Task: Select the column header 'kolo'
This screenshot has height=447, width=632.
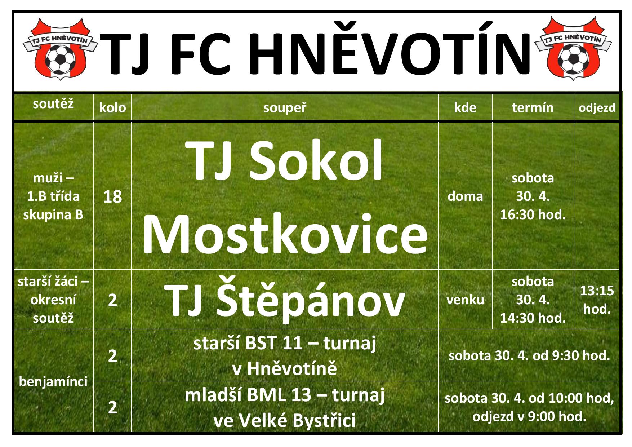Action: coord(112,107)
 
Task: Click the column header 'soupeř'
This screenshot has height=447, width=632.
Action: coord(285,108)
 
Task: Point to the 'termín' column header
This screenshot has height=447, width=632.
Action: coord(533,107)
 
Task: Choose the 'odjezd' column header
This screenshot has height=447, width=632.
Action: coord(597,108)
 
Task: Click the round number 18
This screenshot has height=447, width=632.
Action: coord(112,197)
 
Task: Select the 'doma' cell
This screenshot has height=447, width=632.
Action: coord(465,196)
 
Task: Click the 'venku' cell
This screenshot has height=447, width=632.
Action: coord(465,300)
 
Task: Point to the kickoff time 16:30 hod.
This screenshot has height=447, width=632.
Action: coord(533,215)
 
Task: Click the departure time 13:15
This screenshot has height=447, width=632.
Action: coord(597,291)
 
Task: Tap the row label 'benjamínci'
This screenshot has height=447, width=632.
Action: coord(53,381)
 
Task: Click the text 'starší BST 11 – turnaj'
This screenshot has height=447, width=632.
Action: coord(285,343)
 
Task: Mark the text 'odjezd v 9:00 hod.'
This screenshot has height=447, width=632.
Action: coord(529,417)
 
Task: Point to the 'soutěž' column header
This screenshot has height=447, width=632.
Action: coord(53,104)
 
